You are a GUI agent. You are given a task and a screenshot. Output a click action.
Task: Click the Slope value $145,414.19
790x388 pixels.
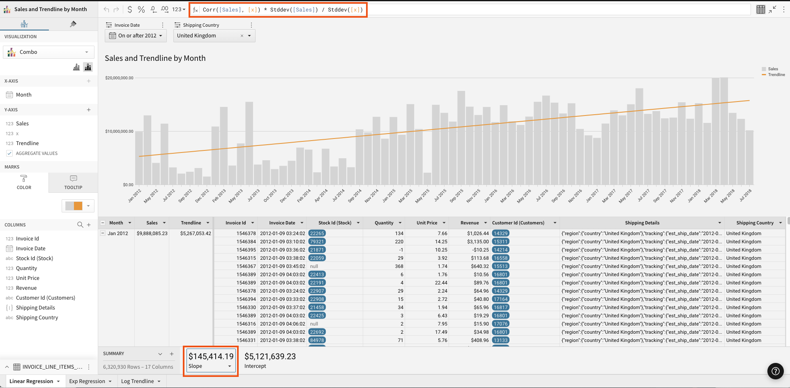(211, 356)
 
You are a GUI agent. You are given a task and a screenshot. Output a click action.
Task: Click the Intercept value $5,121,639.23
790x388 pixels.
(270, 356)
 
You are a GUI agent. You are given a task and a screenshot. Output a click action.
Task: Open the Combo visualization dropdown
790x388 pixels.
(48, 52)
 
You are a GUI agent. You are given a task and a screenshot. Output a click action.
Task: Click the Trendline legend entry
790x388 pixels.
(776, 75)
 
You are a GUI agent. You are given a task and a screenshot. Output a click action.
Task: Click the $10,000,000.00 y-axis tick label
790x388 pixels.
(119, 132)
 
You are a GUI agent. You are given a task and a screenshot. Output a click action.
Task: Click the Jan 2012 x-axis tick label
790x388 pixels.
(135, 195)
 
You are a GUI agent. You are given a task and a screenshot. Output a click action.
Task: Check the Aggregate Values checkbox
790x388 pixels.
(9, 153)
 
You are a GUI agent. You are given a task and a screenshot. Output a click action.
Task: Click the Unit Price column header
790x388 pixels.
(426, 223)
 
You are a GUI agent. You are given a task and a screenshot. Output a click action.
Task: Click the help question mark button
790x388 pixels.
(775, 371)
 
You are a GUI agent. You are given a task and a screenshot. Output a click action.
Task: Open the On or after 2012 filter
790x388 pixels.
(136, 36)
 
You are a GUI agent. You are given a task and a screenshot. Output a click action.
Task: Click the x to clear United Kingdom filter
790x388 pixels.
(242, 36)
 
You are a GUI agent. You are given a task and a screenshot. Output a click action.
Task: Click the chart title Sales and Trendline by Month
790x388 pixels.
(155, 58)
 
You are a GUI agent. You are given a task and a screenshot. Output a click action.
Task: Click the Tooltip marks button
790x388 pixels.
(73, 182)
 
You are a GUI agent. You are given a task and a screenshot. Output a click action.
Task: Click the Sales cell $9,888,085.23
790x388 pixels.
(152, 233)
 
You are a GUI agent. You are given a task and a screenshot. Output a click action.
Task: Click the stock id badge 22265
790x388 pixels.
(317, 233)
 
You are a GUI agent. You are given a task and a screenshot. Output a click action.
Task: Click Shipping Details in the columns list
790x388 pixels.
(35, 308)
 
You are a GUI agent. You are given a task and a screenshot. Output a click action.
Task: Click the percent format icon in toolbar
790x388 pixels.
(141, 9)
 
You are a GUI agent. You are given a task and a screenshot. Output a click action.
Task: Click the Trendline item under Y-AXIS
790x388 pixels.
(27, 143)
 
